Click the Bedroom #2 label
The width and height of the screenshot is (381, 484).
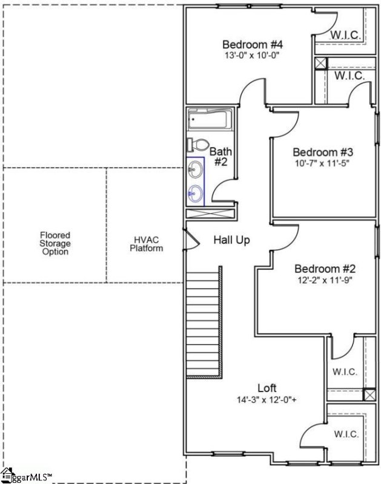325,269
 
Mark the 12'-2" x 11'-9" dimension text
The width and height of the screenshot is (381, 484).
325,280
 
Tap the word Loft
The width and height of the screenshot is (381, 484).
267,388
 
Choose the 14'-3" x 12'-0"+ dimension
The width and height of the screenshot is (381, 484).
267,399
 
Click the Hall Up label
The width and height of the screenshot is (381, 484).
231,240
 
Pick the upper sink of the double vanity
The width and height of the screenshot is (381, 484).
196,169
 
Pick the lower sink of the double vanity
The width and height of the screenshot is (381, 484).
196,194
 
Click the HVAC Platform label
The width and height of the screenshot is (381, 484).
146,244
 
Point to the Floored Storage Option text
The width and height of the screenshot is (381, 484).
55,243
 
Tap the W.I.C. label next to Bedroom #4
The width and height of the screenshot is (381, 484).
346,36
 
